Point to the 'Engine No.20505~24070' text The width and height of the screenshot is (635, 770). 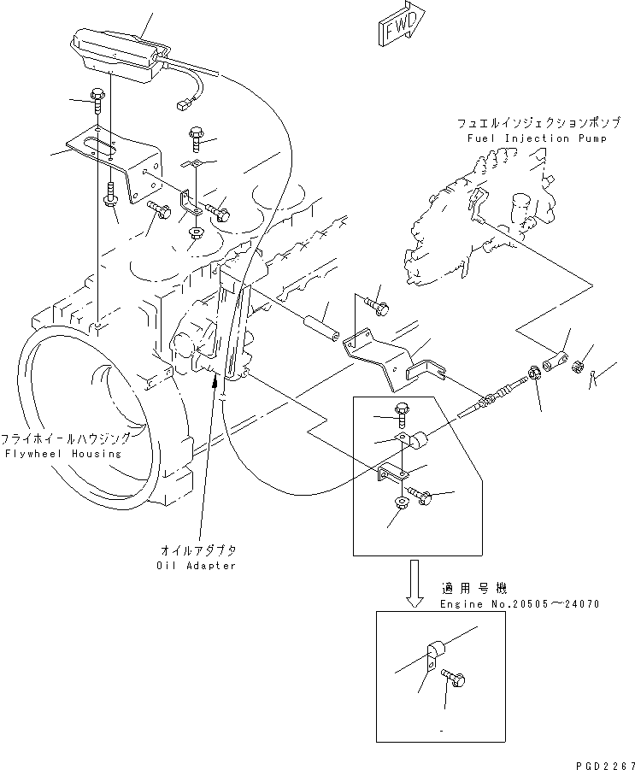click(x=520, y=603)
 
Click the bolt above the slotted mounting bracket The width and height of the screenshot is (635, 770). click(x=96, y=100)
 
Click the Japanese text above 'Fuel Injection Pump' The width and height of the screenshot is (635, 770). click(x=532, y=125)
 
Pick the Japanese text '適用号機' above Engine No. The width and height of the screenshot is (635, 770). click(x=474, y=589)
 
